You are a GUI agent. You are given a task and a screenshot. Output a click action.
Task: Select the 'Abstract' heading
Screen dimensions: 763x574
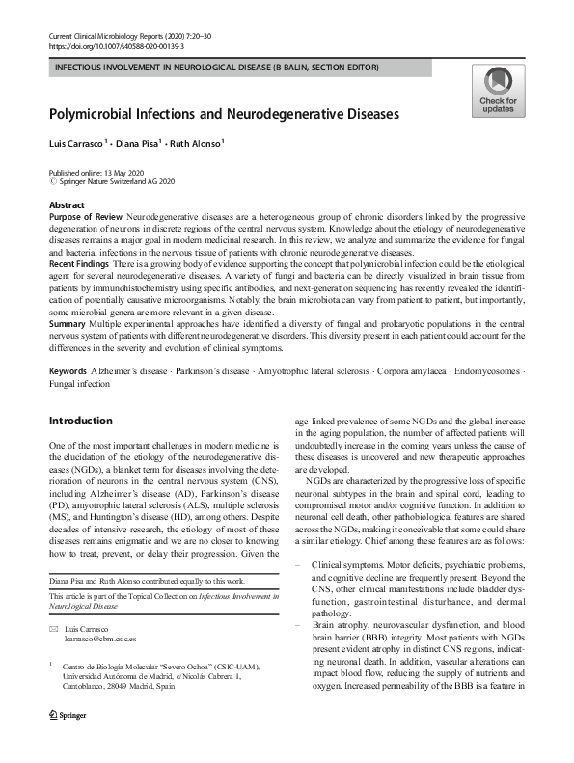tap(67, 205)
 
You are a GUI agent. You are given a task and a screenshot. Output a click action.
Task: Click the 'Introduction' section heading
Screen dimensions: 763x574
tap(81, 422)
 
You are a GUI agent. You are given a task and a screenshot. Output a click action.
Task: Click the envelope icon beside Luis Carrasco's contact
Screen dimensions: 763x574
tap(53, 629)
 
